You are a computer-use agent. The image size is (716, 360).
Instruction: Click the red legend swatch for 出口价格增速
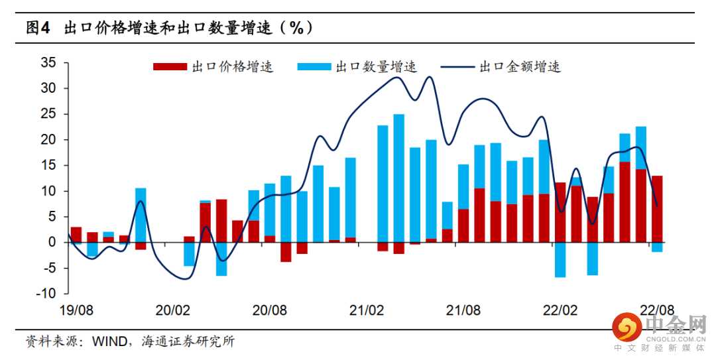[170, 67]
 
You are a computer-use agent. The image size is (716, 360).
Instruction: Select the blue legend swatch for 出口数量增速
[315, 67]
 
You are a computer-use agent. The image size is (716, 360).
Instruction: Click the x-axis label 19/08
[76, 310]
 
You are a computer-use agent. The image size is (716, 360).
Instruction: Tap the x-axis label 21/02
[367, 310]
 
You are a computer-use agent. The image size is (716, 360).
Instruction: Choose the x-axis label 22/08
[657, 310]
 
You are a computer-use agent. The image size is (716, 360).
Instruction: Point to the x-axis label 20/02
[172, 310]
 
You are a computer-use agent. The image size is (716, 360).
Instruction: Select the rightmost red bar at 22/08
[657, 209]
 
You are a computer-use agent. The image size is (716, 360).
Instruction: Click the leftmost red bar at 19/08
[76, 235]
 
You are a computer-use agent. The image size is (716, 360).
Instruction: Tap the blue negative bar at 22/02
[560, 260]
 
